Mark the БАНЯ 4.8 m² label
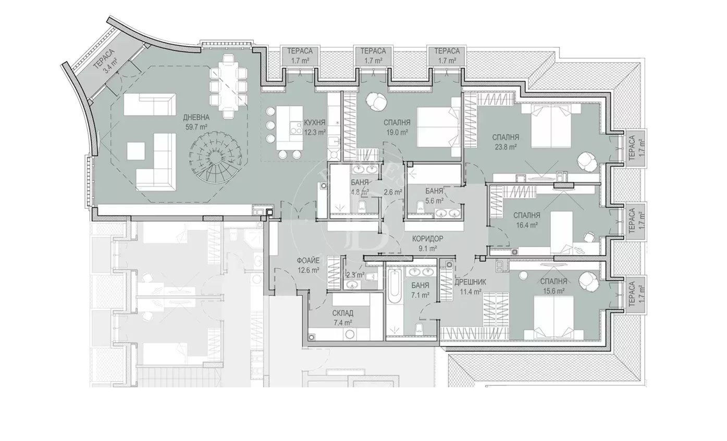(360, 187)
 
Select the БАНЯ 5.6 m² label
(434, 195)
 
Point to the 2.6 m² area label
(392, 192)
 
